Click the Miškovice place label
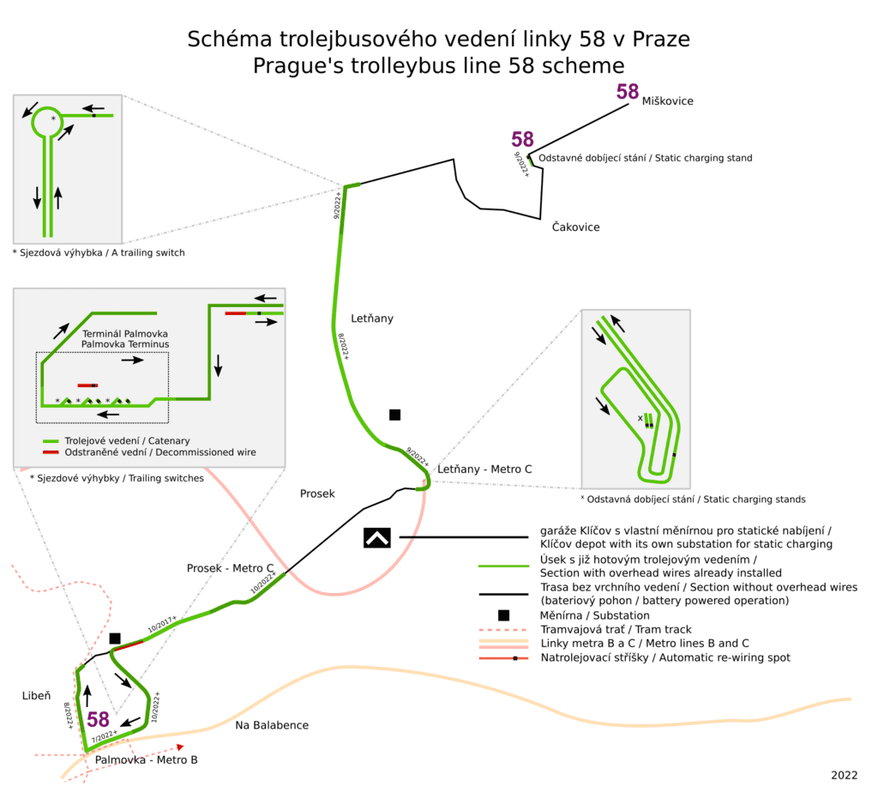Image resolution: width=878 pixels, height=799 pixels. (x=667, y=101)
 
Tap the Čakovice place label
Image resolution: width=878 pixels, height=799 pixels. (x=575, y=227)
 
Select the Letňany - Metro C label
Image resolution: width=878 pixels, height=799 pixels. (x=484, y=469)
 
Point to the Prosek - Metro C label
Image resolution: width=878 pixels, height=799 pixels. (x=230, y=568)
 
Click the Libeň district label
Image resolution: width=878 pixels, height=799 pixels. (x=36, y=696)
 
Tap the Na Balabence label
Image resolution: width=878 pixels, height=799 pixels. (x=272, y=725)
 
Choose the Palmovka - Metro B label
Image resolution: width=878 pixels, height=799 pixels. (x=146, y=760)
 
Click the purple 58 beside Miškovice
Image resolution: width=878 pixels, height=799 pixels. (x=628, y=92)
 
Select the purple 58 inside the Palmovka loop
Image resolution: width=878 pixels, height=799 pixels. (x=98, y=719)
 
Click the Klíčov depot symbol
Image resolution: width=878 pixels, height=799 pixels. (x=377, y=538)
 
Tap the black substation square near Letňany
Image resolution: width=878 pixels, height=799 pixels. (x=394, y=415)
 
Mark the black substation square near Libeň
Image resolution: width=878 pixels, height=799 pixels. (x=115, y=639)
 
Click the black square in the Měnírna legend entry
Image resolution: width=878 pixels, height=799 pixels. (x=504, y=615)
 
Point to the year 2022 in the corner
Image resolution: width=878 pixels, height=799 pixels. (x=845, y=775)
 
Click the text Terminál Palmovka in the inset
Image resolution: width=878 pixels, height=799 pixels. (x=125, y=333)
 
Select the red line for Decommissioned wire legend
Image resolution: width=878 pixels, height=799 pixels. (x=51, y=452)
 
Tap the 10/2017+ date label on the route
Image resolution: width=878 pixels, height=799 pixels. (x=162, y=624)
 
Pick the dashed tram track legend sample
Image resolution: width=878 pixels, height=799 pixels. (x=503, y=630)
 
